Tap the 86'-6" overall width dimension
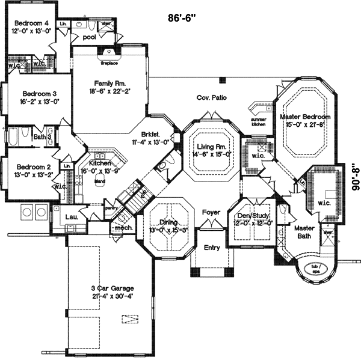[x=184, y=18]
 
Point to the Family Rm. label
[x=109, y=84]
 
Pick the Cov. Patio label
[x=211, y=98]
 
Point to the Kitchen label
[x=100, y=163]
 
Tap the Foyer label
[x=211, y=212]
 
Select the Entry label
[x=211, y=248]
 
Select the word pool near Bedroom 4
[x=89, y=37]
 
